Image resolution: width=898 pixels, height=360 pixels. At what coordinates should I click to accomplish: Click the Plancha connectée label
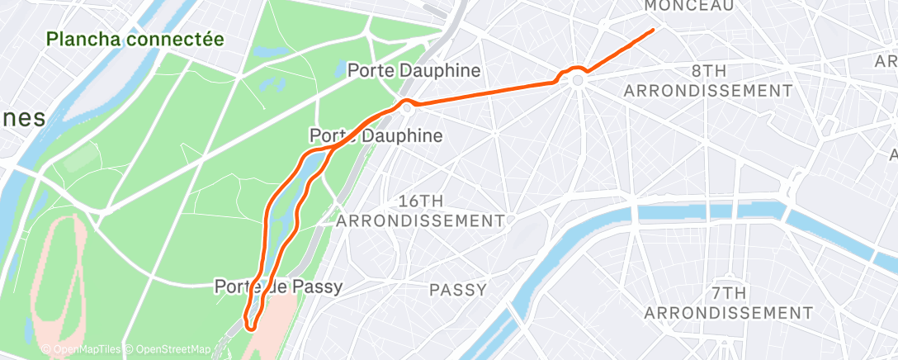click(135, 39)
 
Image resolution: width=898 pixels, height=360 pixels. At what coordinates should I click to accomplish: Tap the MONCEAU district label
click(688, 6)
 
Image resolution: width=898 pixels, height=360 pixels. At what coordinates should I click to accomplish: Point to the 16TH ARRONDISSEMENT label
click(420, 211)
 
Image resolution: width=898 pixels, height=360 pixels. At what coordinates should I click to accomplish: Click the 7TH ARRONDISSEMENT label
click(728, 303)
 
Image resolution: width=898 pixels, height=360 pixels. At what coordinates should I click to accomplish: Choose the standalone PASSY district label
click(457, 290)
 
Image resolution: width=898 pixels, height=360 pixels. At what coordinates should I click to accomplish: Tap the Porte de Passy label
click(277, 287)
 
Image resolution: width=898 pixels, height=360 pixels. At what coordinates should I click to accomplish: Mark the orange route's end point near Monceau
click(654, 30)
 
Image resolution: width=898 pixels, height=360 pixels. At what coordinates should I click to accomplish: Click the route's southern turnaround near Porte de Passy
click(249, 329)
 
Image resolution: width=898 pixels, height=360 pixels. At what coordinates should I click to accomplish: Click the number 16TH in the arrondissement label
click(421, 201)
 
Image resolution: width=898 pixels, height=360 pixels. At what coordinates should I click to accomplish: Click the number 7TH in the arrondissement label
click(728, 293)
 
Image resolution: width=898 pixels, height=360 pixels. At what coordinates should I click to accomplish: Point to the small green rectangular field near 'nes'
click(79, 157)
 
